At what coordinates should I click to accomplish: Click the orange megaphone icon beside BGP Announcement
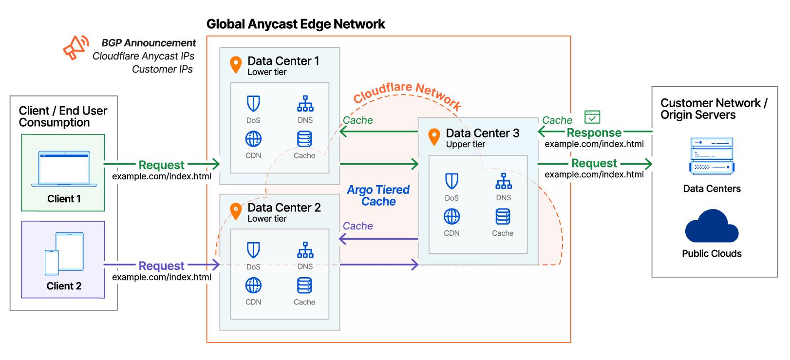[x=75, y=48]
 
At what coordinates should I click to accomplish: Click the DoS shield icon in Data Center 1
[x=253, y=104]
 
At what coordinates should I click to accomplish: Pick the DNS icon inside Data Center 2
[x=305, y=250]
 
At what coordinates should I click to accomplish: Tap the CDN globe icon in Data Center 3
[x=451, y=216]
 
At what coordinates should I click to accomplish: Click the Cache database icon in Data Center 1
[x=304, y=139]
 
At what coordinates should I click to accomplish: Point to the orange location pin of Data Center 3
[x=433, y=137]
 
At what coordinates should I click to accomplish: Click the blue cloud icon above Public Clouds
[x=712, y=227]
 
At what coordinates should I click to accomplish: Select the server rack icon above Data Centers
[x=712, y=156]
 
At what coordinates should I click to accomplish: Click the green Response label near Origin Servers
[x=594, y=133]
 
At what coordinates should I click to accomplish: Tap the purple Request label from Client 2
[x=161, y=265]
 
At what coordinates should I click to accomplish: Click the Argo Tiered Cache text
[x=378, y=195]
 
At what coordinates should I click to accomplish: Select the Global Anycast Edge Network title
[x=296, y=24]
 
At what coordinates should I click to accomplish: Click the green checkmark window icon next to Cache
[x=592, y=117]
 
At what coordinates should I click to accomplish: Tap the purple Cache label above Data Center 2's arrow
[x=357, y=226]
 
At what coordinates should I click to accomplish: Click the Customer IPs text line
[x=162, y=69]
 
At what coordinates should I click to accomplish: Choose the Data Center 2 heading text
[x=284, y=208]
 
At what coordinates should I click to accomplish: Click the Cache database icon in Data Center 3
[x=503, y=216]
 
